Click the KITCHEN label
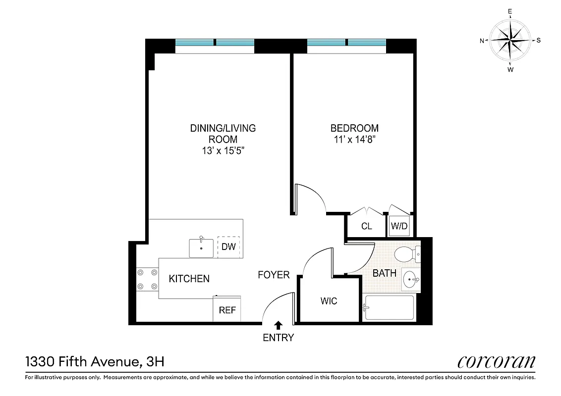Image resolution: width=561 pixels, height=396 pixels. [189, 279]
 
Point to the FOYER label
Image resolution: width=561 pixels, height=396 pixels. [274, 275]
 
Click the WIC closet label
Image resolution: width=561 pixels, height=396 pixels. [329, 301]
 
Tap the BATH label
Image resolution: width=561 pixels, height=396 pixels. [384, 273]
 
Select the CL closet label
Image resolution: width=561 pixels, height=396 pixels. [366, 227]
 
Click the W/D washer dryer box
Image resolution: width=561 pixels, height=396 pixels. [399, 227]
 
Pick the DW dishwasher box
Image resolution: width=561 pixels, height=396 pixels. [228, 247]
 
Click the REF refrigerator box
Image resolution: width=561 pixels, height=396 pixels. [227, 310]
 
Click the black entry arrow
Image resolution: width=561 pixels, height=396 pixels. [279, 325]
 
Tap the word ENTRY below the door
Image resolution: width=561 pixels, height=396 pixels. [279, 338]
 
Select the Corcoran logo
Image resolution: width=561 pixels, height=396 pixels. [496, 362]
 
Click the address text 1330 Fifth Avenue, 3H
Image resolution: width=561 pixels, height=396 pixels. [94, 362]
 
